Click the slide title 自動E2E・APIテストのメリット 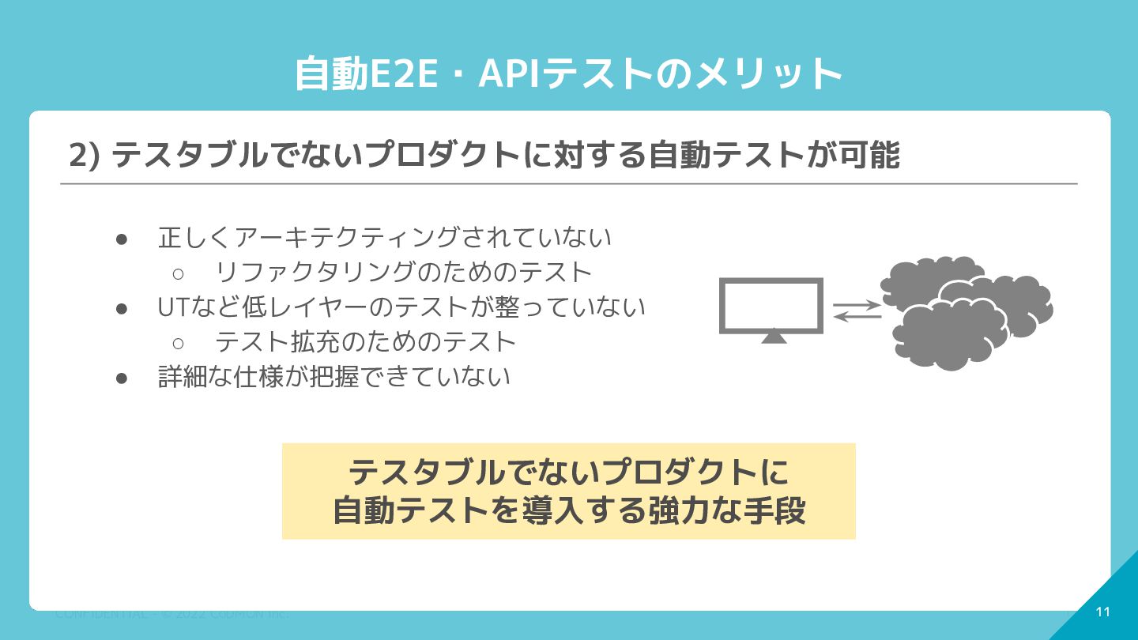pos(568,73)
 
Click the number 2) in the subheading pos(84,156)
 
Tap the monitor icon pos(771,305)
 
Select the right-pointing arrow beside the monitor pos(857,303)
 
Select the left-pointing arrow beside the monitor pos(857,317)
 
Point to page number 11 pos(1103,612)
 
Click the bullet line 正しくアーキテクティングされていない pos(385,237)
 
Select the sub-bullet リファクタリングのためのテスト pos(403,273)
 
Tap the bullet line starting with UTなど pos(401,307)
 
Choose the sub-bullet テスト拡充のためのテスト pos(365,342)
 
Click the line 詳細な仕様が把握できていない pos(334,377)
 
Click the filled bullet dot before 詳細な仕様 pos(122,378)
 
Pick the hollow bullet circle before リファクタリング pos(178,273)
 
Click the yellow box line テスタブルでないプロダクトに pos(568,472)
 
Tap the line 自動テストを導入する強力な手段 pos(568,510)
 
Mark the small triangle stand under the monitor pos(773,337)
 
